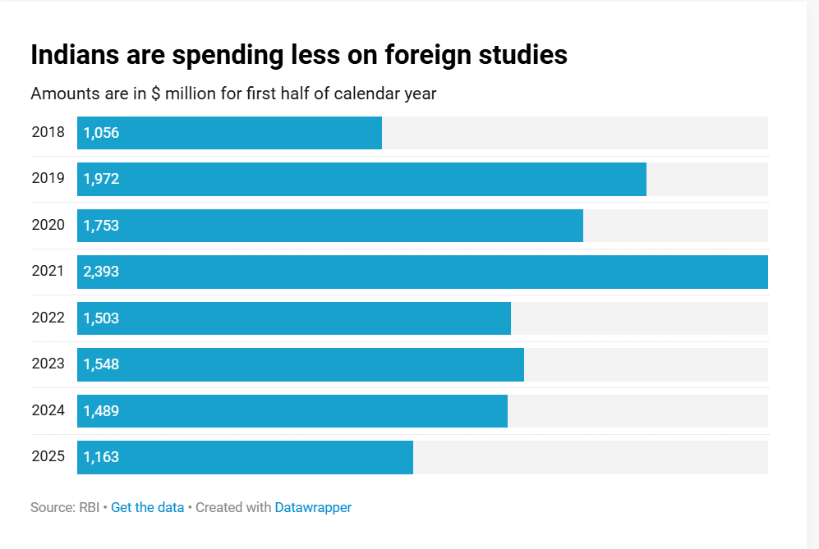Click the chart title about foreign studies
tap(299, 55)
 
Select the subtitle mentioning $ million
tap(233, 94)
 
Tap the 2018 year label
tap(48, 132)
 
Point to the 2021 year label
tap(48, 271)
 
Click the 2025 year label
tap(48, 456)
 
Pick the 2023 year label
tap(48, 364)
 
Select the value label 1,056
tap(101, 133)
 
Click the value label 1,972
tap(101, 179)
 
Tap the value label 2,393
tap(101, 272)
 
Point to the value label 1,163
tap(101, 457)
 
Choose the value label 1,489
tap(101, 411)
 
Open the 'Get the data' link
tap(147, 507)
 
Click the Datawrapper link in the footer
tap(313, 507)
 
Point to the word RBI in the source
tap(89, 507)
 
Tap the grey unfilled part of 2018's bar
tap(575, 133)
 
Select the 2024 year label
tap(48, 410)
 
